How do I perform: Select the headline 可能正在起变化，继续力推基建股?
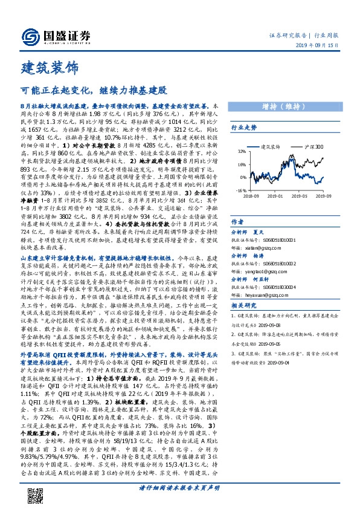[x=93, y=91]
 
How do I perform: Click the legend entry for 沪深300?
[x=312, y=147]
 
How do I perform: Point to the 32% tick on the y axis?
[x=242, y=151]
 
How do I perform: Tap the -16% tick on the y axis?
[x=241, y=190]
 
